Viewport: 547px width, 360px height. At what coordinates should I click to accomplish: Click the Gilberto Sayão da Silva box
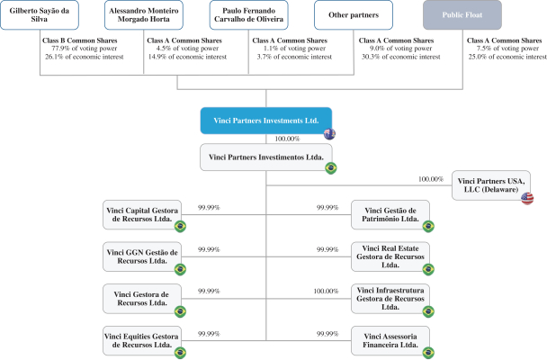tap(40, 14)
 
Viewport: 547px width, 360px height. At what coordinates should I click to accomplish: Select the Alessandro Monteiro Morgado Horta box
tap(144, 14)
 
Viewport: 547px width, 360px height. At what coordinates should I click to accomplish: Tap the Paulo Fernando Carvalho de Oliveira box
tap(248, 14)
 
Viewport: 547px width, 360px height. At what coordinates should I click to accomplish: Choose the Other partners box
tap(354, 14)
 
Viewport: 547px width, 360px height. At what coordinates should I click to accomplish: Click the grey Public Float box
tap(462, 14)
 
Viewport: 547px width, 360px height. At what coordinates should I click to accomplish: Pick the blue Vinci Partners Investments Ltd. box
tap(265, 121)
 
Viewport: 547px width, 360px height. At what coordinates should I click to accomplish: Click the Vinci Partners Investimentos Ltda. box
tap(265, 157)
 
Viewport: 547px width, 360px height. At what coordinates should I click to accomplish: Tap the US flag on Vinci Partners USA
tap(527, 198)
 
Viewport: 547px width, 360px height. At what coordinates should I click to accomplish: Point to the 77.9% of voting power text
tap(85, 49)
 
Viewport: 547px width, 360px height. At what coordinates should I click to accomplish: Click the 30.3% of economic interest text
tap(401, 57)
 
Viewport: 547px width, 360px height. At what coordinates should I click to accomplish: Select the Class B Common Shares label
tap(80, 40)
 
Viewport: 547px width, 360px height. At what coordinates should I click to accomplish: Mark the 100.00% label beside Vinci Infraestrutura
tap(326, 291)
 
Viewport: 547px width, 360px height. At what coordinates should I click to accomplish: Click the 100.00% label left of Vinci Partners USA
tap(431, 179)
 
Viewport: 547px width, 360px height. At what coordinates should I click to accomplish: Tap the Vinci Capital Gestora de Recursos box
tap(142, 214)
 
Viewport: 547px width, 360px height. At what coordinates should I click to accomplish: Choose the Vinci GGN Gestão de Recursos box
tap(142, 256)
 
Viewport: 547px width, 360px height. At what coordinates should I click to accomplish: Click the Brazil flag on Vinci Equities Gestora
tap(180, 352)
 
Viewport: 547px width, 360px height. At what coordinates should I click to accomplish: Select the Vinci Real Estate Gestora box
tap(390, 256)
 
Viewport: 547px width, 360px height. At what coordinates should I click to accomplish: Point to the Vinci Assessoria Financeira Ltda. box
tap(390, 341)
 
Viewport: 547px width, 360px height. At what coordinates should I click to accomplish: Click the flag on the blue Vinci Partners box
tap(329, 134)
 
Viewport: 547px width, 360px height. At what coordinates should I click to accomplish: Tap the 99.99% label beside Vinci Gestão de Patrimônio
tap(327, 208)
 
